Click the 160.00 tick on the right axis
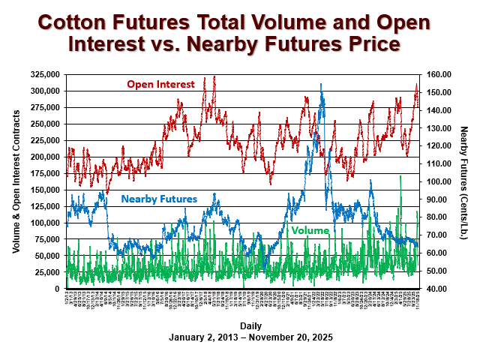(437, 75)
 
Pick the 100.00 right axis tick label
(437, 182)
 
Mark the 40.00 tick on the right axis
(439, 289)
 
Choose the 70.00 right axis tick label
(439, 235)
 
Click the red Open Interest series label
(160, 83)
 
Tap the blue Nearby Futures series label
(159, 199)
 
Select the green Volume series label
(310, 230)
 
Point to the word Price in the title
(372, 43)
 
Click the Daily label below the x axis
(250, 325)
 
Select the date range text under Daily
(250, 337)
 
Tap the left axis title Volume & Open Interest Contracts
(15, 181)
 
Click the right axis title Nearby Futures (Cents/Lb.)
(465, 181)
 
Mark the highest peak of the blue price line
(321, 85)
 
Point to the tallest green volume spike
(400, 177)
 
